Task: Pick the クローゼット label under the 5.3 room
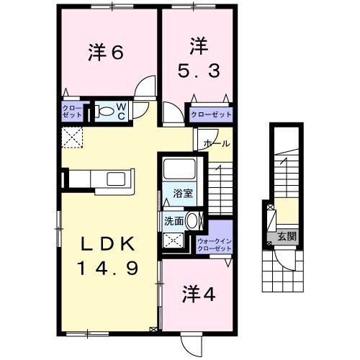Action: point(211,114)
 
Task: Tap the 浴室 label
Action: point(184,192)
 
